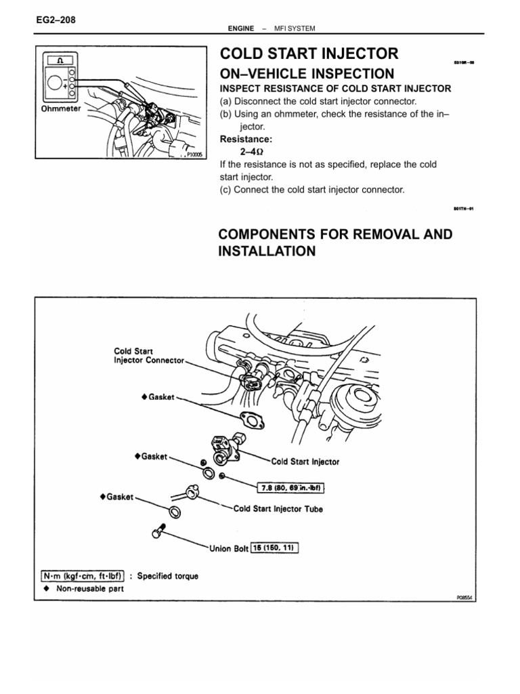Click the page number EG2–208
(x=55, y=20)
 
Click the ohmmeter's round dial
(x=55, y=87)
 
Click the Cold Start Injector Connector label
(x=148, y=356)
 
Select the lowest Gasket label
(x=117, y=496)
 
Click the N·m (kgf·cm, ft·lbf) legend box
(x=81, y=577)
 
